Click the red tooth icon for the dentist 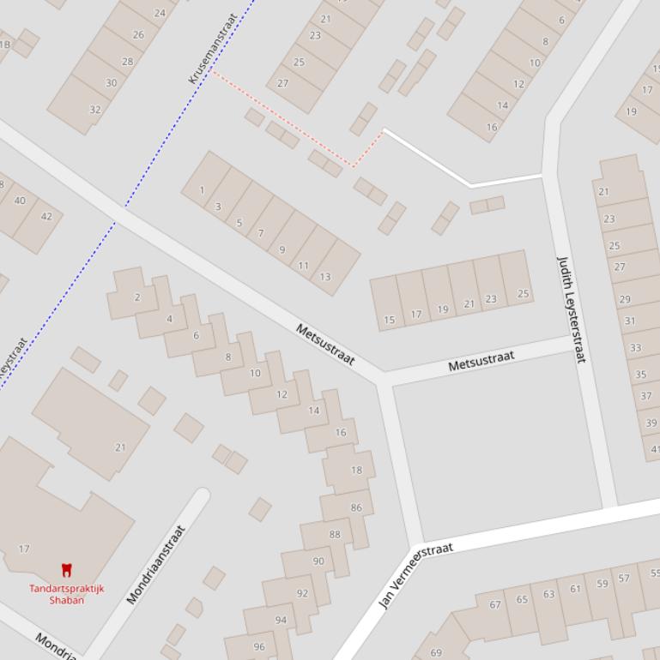click(x=66, y=570)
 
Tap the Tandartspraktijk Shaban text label click(x=66, y=594)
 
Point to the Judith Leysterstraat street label click(x=572, y=309)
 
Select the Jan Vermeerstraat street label click(x=415, y=575)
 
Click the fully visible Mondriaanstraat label click(x=156, y=565)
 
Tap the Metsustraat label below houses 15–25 click(x=481, y=361)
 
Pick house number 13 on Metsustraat click(x=324, y=277)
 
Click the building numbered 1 click(x=202, y=190)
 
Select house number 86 click(x=356, y=507)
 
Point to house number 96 click(x=259, y=647)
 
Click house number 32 click(x=95, y=110)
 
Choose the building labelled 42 click(x=46, y=216)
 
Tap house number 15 click(x=390, y=321)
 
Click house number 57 click(x=624, y=579)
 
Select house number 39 click(x=651, y=423)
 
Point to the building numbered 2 click(x=137, y=297)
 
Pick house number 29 click(x=625, y=299)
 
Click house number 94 click(x=281, y=620)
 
